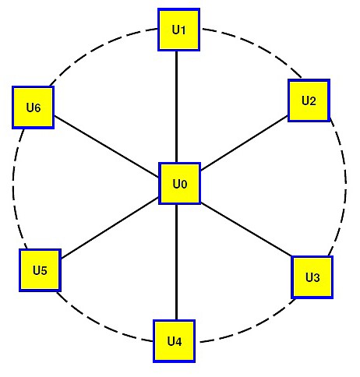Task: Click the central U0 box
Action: pyautogui.click(x=179, y=184)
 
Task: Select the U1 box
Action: pyautogui.click(x=178, y=30)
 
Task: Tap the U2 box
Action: pyautogui.click(x=309, y=100)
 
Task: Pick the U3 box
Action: pyautogui.click(x=312, y=277)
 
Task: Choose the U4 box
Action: pyautogui.click(x=174, y=341)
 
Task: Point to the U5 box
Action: pyautogui.click(x=40, y=270)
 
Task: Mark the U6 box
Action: pyautogui.click(x=34, y=107)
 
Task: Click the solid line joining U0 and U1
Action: pyautogui.click(x=177, y=107)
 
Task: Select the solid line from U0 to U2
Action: pyautogui.click(x=244, y=143)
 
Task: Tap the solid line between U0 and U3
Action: pyautogui.click(x=246, y=230)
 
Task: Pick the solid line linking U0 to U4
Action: pyautogui.click(x=176, y=262)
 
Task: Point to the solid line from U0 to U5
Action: pyautogui.click(x=110, y=227)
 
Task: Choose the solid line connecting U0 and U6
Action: pyautogui.click(x=107, y=146)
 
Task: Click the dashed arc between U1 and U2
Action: pyautogui.click(x=256, y=47)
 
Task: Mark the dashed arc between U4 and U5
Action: pyautogui.click(x=103, y=325)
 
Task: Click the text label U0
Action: pyautogui.click(x=180, y=184)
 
